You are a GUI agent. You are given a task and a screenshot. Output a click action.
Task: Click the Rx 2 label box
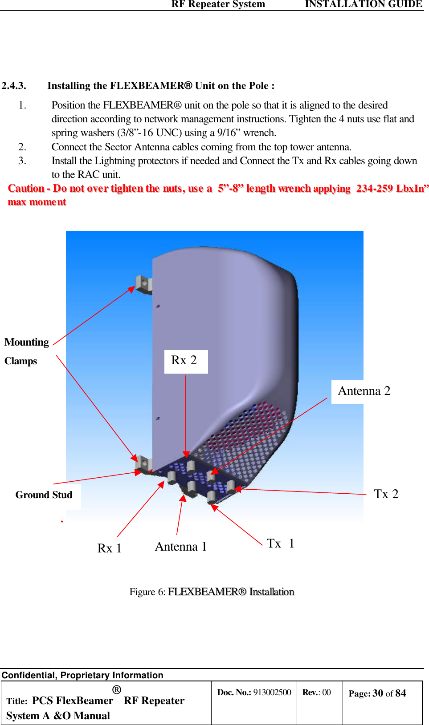(x=186, y=361)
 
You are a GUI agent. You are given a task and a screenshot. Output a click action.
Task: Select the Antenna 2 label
(x=364, y=391)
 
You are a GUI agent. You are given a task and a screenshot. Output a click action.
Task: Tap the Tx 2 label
(x=386, y=494)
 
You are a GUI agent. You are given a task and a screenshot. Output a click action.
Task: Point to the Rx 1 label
(x=109, y=548)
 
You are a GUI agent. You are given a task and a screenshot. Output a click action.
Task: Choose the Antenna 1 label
(x=180, y=547)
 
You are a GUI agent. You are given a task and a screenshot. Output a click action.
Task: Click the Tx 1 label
(x=280, y=544)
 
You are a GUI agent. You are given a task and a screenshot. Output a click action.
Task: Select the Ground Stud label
(x=44, y=495)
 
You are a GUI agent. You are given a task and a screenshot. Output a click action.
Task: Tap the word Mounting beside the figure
(x=27, y=342)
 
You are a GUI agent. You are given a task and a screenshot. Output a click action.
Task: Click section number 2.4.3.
(x=14, y=86)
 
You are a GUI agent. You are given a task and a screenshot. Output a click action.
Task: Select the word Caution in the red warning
(x=26, y=189)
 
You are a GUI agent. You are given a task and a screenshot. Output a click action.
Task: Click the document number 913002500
(x=272, y=693)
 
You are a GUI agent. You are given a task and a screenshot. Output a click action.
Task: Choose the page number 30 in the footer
(x=378, y=693)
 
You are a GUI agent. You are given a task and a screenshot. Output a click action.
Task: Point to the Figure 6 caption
(x=212, y=592)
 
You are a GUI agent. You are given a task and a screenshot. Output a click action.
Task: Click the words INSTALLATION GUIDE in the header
(x=363, y=4)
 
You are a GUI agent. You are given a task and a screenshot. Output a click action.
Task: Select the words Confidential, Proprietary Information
(x=82, y=675)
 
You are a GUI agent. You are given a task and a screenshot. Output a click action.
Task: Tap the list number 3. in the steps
(x=22, y=161)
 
